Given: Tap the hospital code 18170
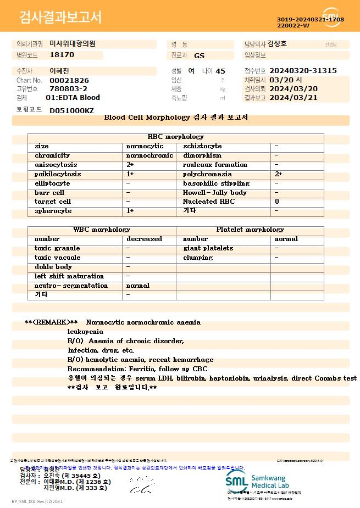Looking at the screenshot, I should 62,55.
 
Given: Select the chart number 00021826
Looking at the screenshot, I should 69,80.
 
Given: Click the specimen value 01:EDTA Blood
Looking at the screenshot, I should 73,98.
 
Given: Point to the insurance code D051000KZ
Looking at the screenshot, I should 71,110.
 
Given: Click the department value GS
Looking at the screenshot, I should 199,55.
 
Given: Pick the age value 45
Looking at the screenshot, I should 220,71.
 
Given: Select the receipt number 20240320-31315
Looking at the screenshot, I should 303,71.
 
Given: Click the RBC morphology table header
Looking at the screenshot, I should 176,137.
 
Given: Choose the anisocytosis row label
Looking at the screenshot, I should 56,165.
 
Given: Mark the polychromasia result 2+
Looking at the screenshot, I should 278,174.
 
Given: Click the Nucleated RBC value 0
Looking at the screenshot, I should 276,202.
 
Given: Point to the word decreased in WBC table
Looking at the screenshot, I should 144,239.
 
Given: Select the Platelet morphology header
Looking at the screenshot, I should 250,230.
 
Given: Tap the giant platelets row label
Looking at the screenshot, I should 208,249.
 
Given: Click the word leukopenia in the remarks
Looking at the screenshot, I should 85,332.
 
